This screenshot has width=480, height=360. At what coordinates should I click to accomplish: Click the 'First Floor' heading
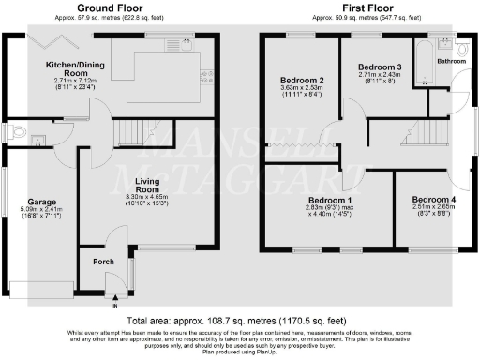click(x=366, y=7)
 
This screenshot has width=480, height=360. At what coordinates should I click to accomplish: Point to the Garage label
click(x=41, y=202)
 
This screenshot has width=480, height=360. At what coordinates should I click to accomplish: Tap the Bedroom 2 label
click(x=302, y=81)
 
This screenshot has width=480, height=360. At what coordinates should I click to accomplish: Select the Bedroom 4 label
click(x=434, y=200)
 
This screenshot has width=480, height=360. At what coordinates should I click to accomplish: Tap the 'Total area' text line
click(x=239, y=320)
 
